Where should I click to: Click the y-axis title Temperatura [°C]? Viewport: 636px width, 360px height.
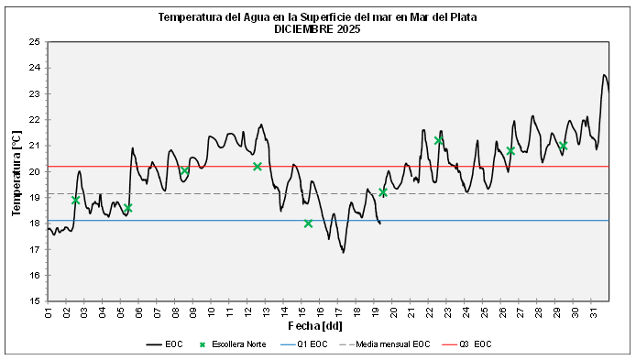(16, 171)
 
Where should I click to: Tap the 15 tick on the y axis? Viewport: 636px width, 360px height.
(34, 301)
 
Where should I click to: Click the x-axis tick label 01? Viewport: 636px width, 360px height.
(48, 313)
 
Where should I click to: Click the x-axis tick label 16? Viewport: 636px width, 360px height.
(321, 313)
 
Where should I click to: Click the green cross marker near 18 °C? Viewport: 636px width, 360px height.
(309, 224)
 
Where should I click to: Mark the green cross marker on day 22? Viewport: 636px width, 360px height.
(439, 140)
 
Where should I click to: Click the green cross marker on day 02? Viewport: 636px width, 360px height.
(75, 200)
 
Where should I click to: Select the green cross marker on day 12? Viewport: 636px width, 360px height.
(258, 167)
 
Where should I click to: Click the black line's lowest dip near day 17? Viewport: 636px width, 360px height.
(344, 252)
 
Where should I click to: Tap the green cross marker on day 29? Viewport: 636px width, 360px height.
(563, 146)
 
